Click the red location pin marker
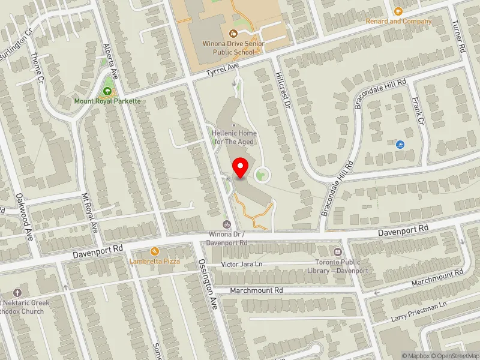(x=241, y=168)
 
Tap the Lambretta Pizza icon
(x=154, y=251)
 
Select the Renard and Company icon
(x=398, y=11)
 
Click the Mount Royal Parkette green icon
(x=107, y=91)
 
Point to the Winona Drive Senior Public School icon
(x=233, y=34)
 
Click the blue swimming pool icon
(x=400, y=145)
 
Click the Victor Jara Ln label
(x=242, y=264)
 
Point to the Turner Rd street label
(x=460, y=37)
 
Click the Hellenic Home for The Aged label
(x=234, y=137)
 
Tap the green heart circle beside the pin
(x=261, y=175)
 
